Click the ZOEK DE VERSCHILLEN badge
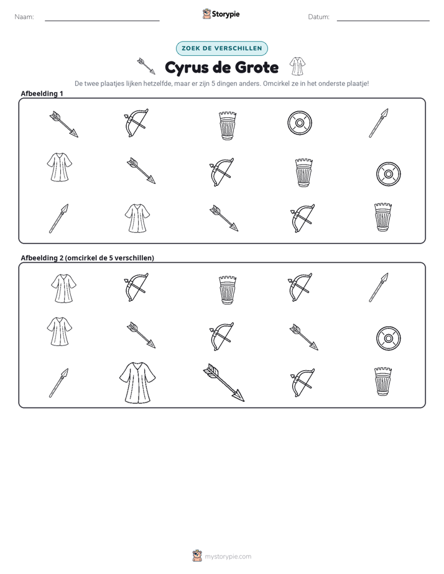pos(221,48)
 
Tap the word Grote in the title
pos(256,67)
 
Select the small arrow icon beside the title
pos(146,66)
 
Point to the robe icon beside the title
pos(297,66)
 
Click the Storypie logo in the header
pos(221,14)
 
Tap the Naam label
pos(24,17)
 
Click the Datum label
pos(319,17)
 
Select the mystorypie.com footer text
pos(228,557)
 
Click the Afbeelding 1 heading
pos(42,94)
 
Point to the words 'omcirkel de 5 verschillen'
pos(109,258)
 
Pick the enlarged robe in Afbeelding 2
pos(137,383)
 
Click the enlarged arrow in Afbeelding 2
pos(224,383)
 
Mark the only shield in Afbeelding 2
pos(389,338)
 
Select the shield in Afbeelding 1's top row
pos(300,123)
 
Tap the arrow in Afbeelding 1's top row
pos(64,124)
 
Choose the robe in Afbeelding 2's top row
pos(64,288)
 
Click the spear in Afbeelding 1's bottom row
pos(59,219)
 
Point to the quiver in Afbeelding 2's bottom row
pos(383,381)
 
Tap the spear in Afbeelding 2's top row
pos(379,288)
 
